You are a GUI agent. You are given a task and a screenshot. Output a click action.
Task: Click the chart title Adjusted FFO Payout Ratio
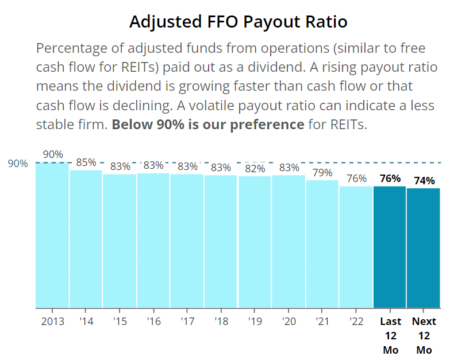pos(238,22)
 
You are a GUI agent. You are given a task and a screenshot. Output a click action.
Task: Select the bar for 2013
pos(52,235)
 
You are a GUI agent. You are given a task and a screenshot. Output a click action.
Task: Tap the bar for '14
pos(86,239)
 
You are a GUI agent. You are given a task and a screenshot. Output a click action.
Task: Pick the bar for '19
pos(255,242)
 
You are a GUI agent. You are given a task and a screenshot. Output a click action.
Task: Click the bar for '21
pos(322,244)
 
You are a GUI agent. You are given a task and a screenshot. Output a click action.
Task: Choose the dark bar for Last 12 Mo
pos(390,247)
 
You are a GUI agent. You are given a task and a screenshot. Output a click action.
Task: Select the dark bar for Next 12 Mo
pos(424,248)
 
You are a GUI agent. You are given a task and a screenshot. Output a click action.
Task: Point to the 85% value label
pos(86,162)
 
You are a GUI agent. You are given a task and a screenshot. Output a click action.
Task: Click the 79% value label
pos(322,172)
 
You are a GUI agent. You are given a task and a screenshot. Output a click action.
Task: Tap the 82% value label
pos(255,168)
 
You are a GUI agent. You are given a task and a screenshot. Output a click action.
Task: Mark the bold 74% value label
pos(424,181)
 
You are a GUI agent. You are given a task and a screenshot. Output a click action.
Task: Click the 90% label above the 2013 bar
pos(53,154)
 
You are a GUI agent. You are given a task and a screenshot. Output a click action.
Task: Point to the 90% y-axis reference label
pos(18,164)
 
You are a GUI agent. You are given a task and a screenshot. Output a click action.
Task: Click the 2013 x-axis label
pos(52,321)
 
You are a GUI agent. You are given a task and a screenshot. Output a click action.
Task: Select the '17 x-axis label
pos(187,321)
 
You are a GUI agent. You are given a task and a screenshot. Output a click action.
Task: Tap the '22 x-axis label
pos(356,321)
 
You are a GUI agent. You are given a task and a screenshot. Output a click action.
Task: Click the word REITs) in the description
pos(140,67)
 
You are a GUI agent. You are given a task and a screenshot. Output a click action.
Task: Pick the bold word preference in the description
pos(267,125)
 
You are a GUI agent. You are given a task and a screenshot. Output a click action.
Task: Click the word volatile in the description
pos(211,105)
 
